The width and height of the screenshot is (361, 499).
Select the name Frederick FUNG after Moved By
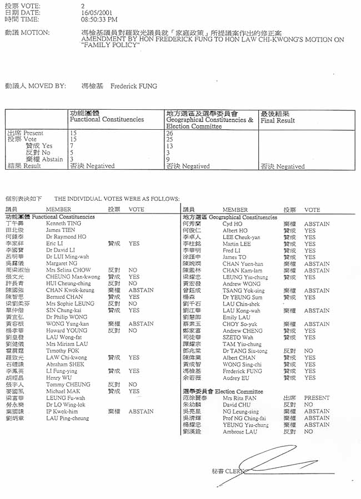(134, 86)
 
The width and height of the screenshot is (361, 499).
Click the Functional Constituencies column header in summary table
(107, 119)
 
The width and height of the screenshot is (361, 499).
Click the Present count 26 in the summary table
(170, 133)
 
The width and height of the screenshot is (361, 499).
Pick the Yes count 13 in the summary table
(170, 146)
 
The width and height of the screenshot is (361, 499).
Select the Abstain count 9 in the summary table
(168, 159)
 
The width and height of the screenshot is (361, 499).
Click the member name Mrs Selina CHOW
(68, 270)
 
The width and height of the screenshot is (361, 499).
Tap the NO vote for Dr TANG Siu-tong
(309, 351)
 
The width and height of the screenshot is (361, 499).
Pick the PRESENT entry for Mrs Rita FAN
(317, 398)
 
